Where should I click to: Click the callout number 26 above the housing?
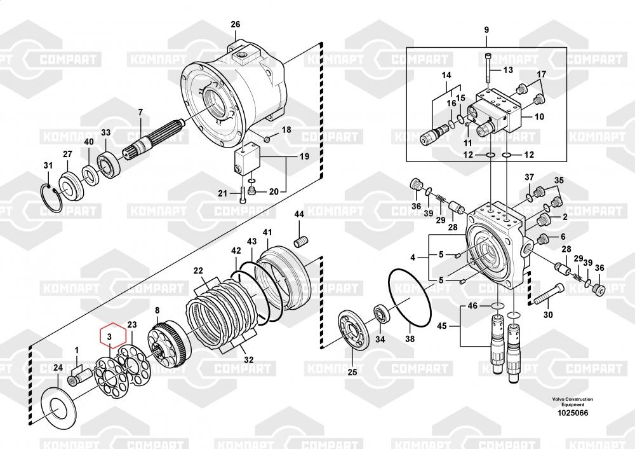click(x=236, y=24)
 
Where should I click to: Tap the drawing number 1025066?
click(x=573, y=413)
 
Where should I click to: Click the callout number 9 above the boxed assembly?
click(x=486, y=30)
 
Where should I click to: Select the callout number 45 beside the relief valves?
click(x=442, y=326)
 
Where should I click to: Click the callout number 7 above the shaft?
click(x=140, y=112)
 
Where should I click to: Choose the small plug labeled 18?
click(x=267, y=140)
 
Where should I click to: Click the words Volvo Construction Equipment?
click(x=573, y=401)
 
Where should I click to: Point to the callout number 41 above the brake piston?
click(x=267, y=232)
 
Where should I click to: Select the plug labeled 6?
click(x=542, y=239)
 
